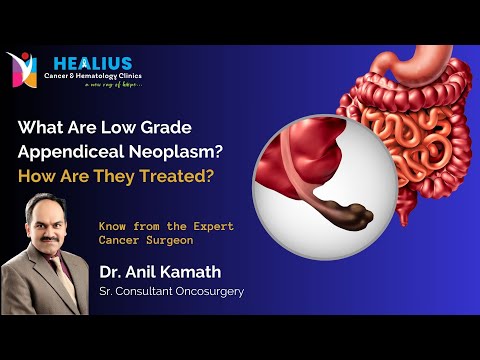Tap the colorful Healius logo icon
(22, 70)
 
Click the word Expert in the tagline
(208, 227)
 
